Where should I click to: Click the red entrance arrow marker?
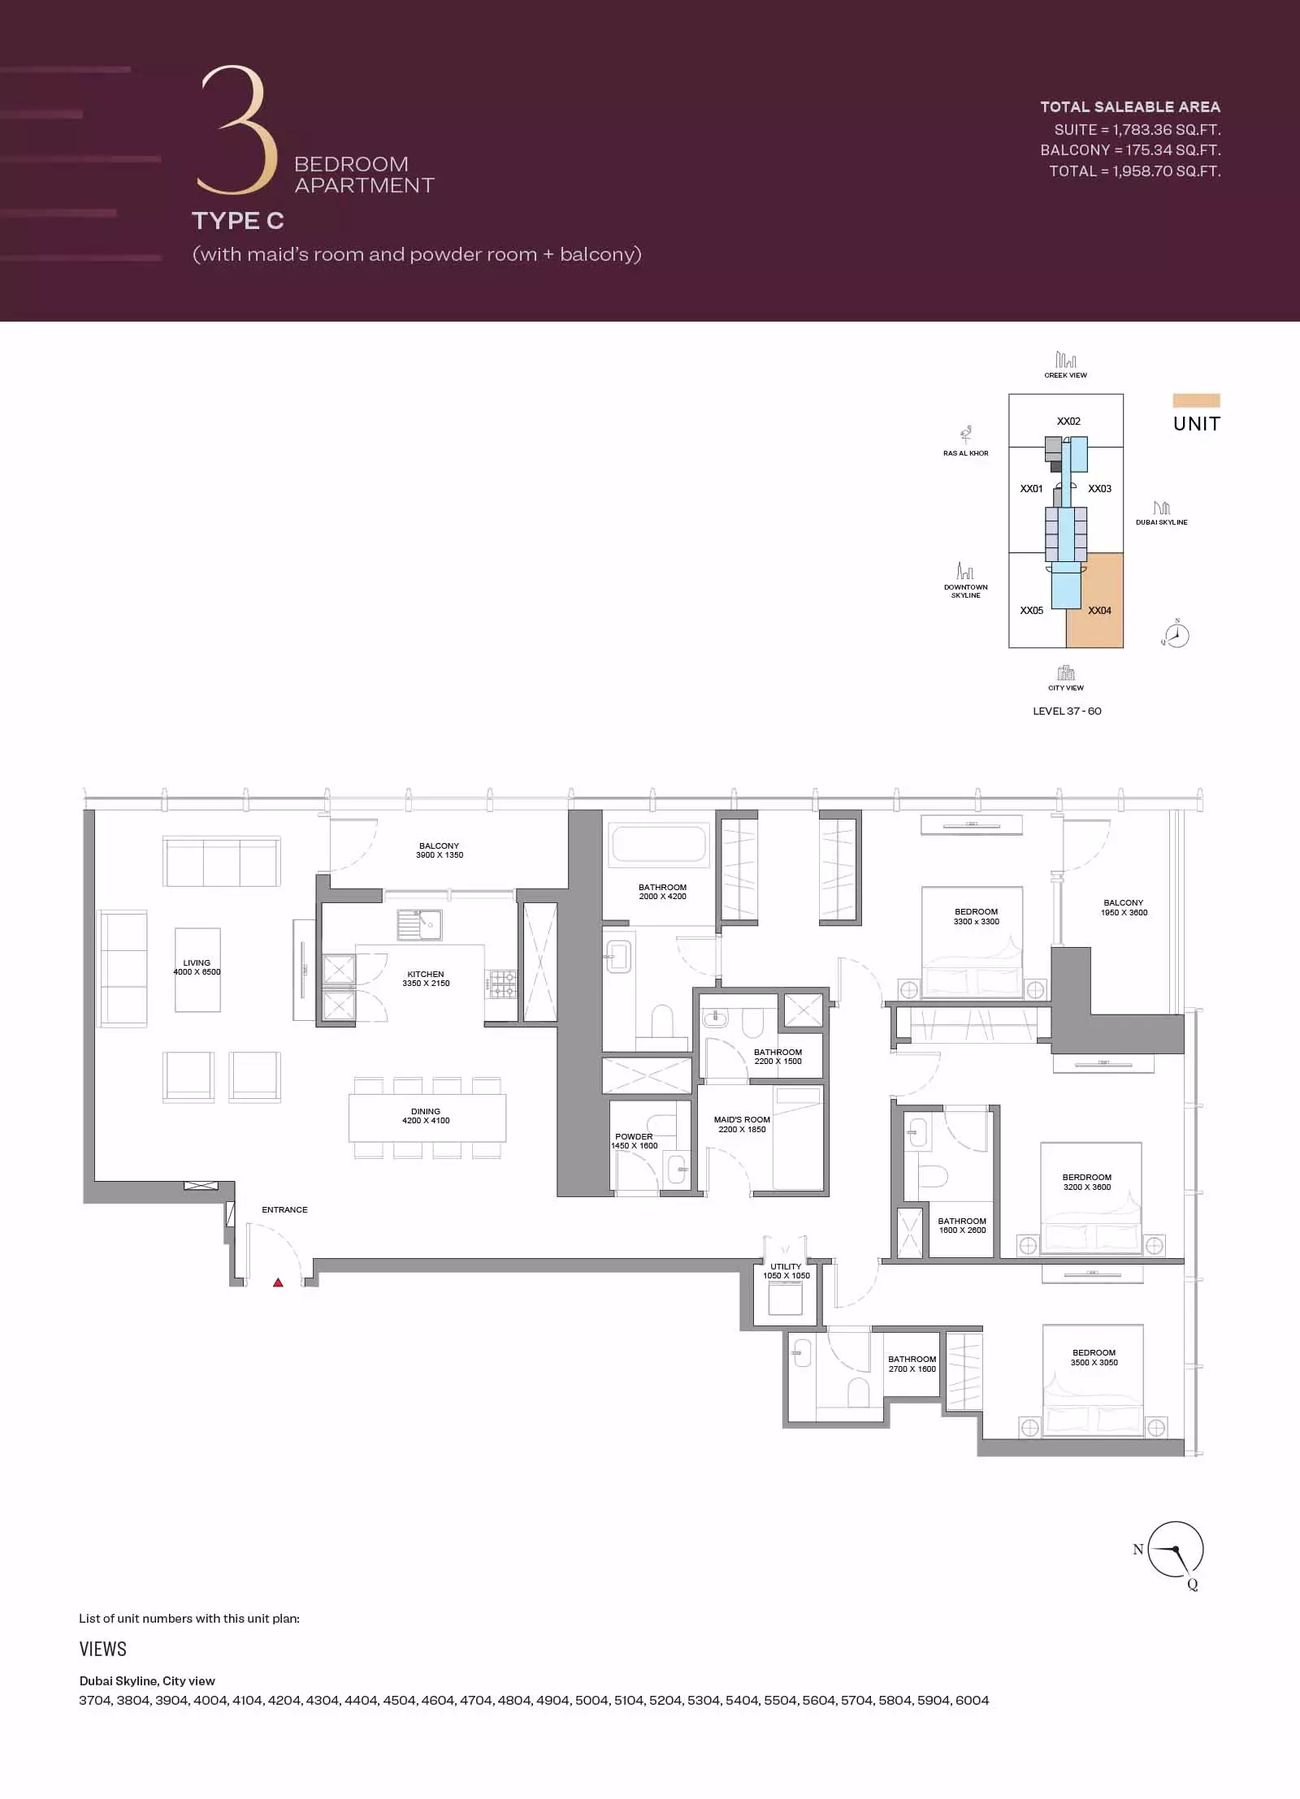pos(278,1282)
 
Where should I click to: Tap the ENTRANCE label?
pos(284,1209)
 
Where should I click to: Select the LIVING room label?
pos(197,967)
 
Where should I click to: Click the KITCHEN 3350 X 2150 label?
pos(426,979)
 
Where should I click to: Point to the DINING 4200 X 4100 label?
pos(426,1116)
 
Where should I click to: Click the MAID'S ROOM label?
pos(742,1124)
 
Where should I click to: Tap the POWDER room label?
pos(634,1141)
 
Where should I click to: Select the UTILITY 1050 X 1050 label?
pos(786,1271)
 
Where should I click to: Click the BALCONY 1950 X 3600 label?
pos(1124,907)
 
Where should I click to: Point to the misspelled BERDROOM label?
pos(1087,1182)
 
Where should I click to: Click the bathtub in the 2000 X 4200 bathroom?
pos(659,844)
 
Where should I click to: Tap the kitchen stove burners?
pos(502,984)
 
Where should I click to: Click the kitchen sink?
pos(419,923)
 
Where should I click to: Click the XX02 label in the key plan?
pos(1068,422)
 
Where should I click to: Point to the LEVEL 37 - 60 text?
pos(1067,711)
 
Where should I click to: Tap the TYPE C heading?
pos(238,221)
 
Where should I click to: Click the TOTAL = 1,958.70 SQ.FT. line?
pos(1134,171)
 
